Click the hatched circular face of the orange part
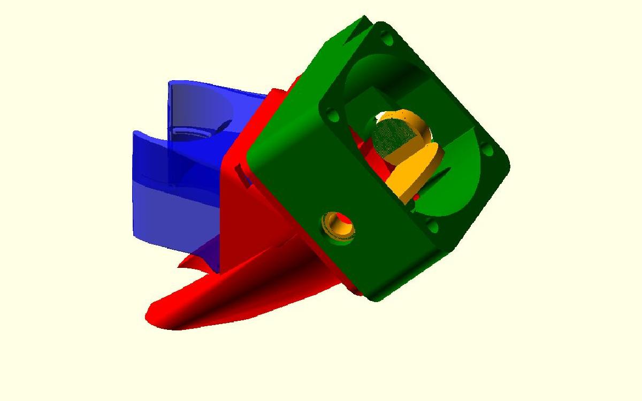[x=394, y=136]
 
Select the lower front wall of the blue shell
[x=171, y=214]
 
